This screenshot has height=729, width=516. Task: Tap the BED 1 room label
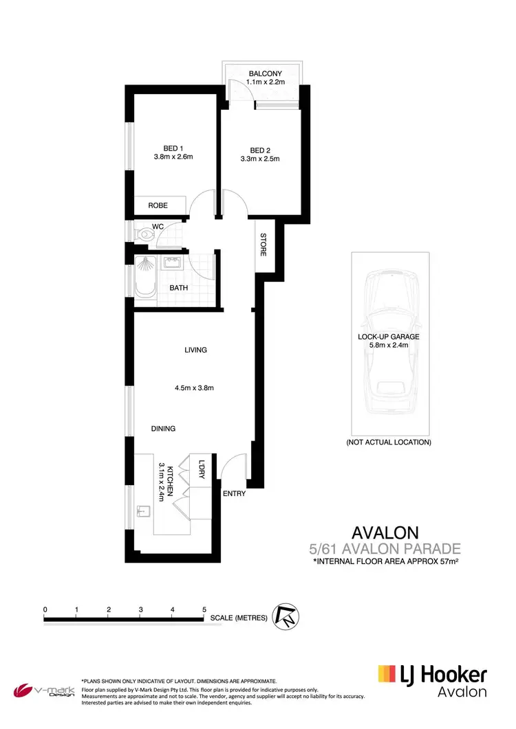(173, 148)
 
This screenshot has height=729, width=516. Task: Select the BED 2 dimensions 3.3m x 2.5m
(260, 159)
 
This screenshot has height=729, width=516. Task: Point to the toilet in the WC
(144, 234)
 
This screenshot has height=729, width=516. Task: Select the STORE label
(264, 245)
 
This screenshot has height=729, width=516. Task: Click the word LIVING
(195, 350)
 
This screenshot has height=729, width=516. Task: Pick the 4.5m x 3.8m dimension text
(195, 388)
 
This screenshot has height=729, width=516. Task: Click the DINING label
(163, 429)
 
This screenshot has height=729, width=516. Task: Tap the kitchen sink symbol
(143, 511)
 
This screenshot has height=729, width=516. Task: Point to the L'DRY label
(202, 469)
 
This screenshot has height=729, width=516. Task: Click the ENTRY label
(234, 493)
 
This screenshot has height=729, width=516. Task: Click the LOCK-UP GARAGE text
(388, 337)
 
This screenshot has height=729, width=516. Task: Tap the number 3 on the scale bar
(140, 609)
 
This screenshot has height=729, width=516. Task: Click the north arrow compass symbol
(284, 616)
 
